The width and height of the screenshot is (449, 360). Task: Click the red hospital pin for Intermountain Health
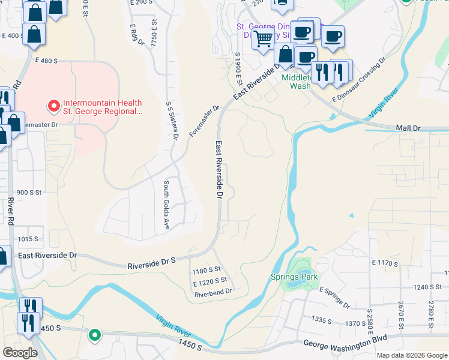tap(53, 106)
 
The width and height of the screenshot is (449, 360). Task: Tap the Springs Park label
tap(294, 277)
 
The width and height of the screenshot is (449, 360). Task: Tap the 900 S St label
tap(29, 193)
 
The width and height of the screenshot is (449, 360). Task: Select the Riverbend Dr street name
tap(213, 293)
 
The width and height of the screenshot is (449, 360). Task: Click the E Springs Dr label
tap(334, 297)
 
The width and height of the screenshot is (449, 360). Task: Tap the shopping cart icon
tap(262, 40)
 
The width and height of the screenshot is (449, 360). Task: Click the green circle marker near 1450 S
tap(94, 335)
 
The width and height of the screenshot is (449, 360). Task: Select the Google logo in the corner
tap(20, 353)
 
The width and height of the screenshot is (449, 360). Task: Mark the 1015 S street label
tap(28, 239)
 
